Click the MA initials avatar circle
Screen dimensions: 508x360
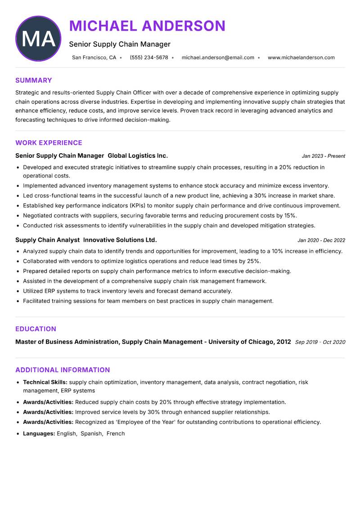click(38, 39)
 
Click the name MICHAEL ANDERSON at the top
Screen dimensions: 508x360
click(147, 26)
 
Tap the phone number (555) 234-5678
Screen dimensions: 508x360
click(148, 58)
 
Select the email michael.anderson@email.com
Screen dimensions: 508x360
click(218, 58)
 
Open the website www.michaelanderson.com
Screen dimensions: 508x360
click(301, 58)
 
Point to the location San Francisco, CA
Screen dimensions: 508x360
click(94, 58)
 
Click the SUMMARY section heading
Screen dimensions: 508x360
click(33, 80)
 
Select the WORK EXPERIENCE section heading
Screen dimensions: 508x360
click(49, 143)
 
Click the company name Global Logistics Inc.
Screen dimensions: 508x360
click(138, 156)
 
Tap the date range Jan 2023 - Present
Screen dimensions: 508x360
click(323, 156)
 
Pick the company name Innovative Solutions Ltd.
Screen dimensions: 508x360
click(120, 240)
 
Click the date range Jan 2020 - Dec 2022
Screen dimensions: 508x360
click(321, 240)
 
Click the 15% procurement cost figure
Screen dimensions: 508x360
click(291, 215)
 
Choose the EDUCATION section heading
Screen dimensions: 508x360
click(36, 329)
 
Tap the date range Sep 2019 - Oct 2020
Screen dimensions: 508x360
click(320, 342)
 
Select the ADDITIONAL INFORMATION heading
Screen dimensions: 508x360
click(63, 370)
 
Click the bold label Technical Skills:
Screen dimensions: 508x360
click(45, 382)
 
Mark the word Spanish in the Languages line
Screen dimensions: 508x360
click(91, 433)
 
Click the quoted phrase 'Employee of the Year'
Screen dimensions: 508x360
click(143, 422)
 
